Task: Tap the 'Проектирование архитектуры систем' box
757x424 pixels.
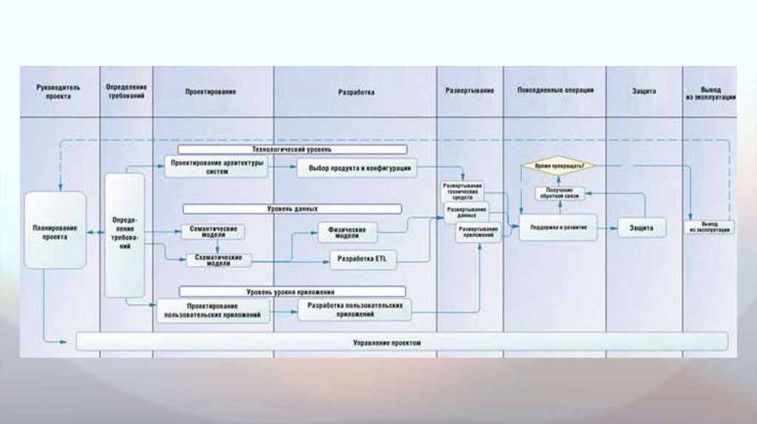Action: (216, 167)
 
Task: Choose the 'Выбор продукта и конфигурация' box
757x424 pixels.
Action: (358, 168)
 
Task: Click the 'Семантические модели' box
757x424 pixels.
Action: (214, 231)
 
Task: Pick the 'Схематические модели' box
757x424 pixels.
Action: (218, 260)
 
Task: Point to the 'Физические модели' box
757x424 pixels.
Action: (347, 232)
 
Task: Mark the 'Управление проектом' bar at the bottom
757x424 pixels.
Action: (402, 342)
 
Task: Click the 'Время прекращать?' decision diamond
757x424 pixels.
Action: (557, 166)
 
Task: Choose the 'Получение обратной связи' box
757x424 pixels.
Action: (560, 194)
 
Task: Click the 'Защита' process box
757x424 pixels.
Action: (642, 228)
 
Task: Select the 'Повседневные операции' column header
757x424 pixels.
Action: (555, 90)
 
